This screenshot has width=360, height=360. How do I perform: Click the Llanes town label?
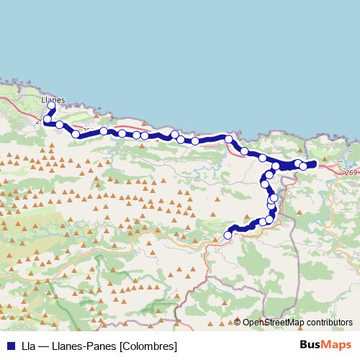(x=53, y=100)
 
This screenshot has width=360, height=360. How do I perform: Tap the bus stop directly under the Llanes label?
(x=51, y=107)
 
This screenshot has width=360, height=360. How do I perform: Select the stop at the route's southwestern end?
(x=228, y=235)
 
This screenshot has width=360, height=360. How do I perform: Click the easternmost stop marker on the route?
(x=303, y=166)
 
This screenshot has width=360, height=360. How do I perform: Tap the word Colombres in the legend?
(x=150, y=346)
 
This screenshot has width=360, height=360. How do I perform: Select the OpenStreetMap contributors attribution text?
(x=297, y=323)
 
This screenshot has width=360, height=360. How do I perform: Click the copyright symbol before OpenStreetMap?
(x=238, y=323)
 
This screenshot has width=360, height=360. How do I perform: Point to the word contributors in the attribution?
(x=328, y=323)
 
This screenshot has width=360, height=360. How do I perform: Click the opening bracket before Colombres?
(x=120, y=346)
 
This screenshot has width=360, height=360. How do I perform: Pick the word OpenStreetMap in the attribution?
(x=272, y=323)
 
